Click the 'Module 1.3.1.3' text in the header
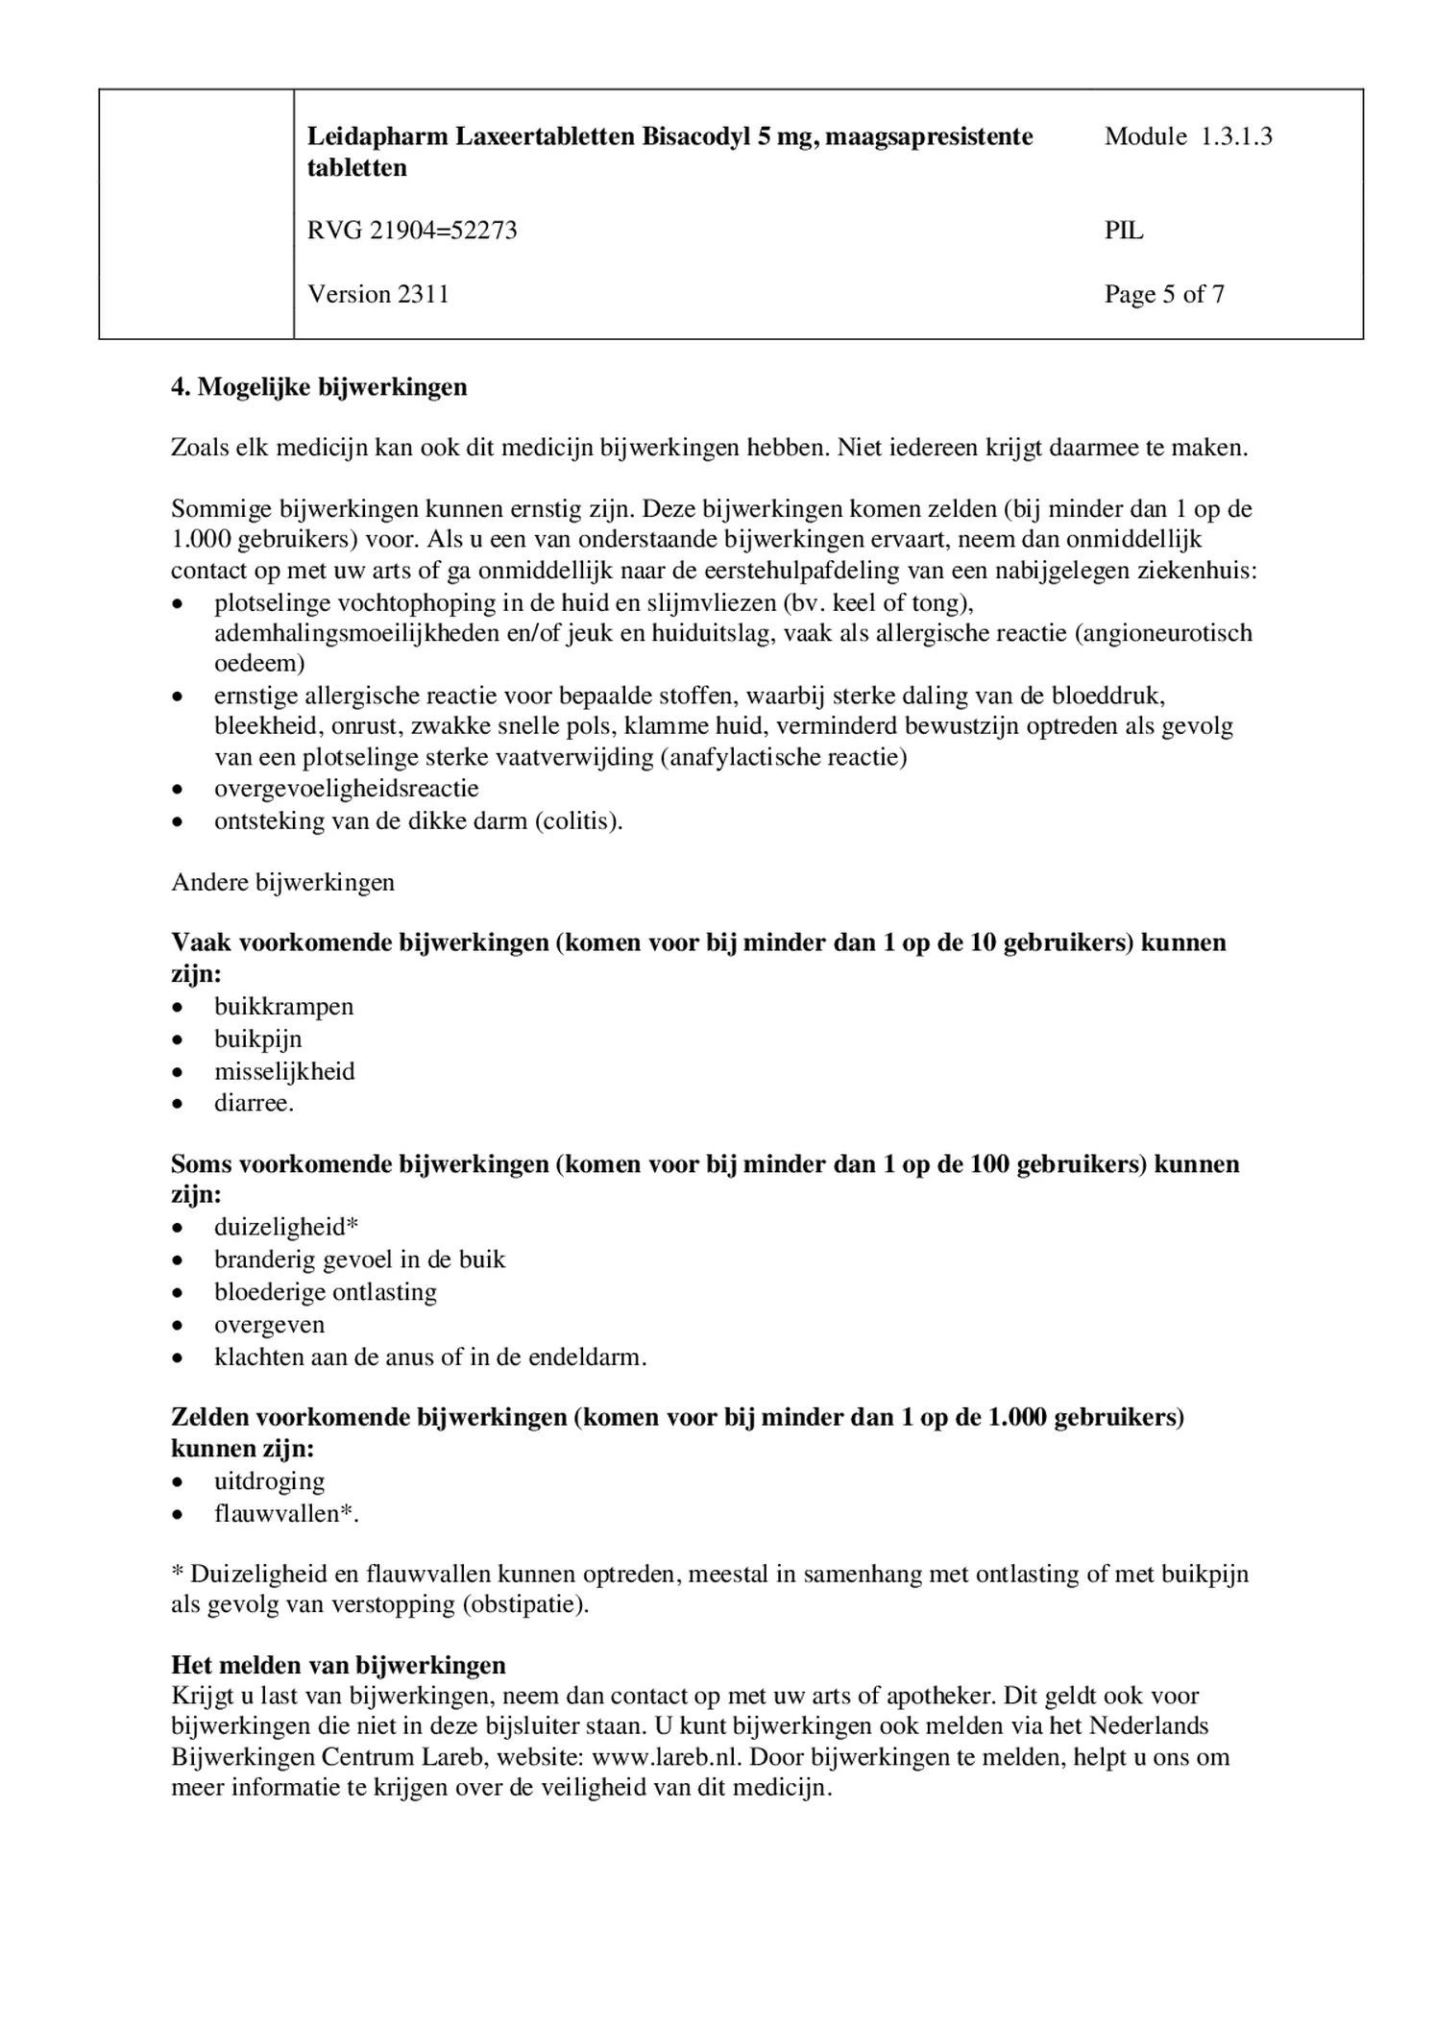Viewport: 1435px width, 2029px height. click(x=1187, y=136)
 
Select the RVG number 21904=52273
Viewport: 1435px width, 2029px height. click(x=412, y=231)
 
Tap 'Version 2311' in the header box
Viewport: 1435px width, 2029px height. click(x=377, y=294)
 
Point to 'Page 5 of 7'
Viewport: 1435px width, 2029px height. click(x=1164, y=294)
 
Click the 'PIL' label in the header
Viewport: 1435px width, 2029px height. click(x=1124, y=231)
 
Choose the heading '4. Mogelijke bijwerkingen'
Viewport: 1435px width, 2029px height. click(x=319, y=387)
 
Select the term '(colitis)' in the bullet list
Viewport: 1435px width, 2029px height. click(x=578, y=821)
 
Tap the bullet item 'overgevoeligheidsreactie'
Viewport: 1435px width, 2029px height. click(x=346, y=789)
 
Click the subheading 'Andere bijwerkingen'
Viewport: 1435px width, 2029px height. click(x=282, y=882)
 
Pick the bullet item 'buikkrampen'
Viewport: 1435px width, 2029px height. click(x=283, y=1007)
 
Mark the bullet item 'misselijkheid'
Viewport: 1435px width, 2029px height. click(x=284, y=1071)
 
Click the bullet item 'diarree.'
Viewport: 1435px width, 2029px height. click(x=254, y=1103)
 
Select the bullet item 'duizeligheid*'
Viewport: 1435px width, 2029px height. click(x=286, y=1227)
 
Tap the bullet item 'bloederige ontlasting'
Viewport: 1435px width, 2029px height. click(x=325, y=1292)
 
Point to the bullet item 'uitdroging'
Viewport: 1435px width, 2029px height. click(x=269, y=1481)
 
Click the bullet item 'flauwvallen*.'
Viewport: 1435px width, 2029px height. click(x=285, y=1514)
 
